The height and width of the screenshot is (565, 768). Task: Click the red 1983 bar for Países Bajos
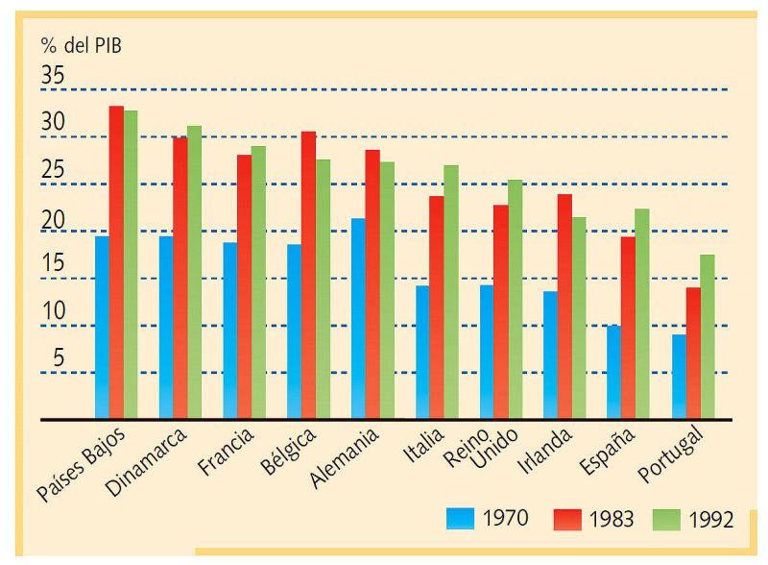[x=116, y=262]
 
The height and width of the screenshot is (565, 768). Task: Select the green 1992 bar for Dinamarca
[x=195, y=272]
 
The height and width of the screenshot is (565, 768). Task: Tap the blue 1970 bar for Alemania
[x=358, y=319]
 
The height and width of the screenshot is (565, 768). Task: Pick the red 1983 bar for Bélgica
[x=308, y=275]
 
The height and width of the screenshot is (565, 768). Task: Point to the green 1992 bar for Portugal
[x=708, y=337]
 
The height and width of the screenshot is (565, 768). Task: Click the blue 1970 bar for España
[x=613, y=372]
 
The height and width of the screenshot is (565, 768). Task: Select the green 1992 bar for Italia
[x=451, y=292]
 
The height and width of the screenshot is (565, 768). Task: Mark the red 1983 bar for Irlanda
[x=564, y=307]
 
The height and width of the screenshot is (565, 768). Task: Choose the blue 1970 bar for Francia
[x=230, y=331]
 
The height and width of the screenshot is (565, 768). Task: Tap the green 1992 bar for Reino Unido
[x=516, y=299]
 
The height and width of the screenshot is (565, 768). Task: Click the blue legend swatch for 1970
[x=461, y=519]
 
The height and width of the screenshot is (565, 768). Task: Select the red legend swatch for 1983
[x=567, y=520]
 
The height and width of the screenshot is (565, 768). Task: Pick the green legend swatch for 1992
[x=666, y=520]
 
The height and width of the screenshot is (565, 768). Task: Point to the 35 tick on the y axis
[x=53, y=75]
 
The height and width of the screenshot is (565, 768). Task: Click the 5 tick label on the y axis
[x=59, y=357]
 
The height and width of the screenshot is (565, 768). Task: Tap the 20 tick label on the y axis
[x=53, y=220]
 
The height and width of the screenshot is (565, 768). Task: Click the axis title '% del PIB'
[x=82, y=45]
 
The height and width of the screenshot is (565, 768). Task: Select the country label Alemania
[x=345, y=457]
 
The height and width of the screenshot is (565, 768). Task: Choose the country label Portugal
[x=671, y=454]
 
